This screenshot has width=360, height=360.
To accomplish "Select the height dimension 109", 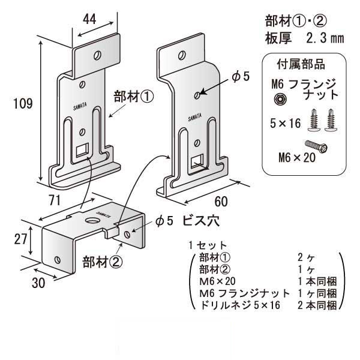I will point(22,104).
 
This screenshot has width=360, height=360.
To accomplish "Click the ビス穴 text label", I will point(199,221).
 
